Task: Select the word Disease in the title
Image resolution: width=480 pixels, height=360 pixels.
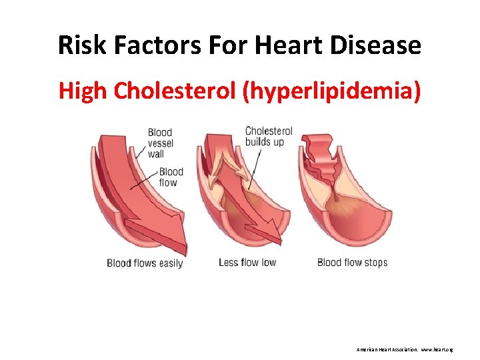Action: tap(379, 46)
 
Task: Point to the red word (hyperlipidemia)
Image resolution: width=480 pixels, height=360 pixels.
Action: tap(332, 91)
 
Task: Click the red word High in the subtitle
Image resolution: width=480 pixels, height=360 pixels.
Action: tap(83, 91)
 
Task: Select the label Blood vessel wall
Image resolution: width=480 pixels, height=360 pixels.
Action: tap(160, 143)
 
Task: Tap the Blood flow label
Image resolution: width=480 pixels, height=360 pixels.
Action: tap(171, 177)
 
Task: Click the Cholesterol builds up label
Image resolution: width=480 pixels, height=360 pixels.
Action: tap(269, 136)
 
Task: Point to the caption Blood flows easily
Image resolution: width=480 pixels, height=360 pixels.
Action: tap(145, 263)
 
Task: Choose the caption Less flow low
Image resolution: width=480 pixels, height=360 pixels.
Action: tap(247, 263)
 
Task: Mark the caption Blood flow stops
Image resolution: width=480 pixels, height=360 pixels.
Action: tap(352, 263)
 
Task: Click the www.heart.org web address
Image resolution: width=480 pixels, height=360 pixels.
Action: tap(437, 349)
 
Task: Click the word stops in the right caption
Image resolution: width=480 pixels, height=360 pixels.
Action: tap(375, 263)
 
